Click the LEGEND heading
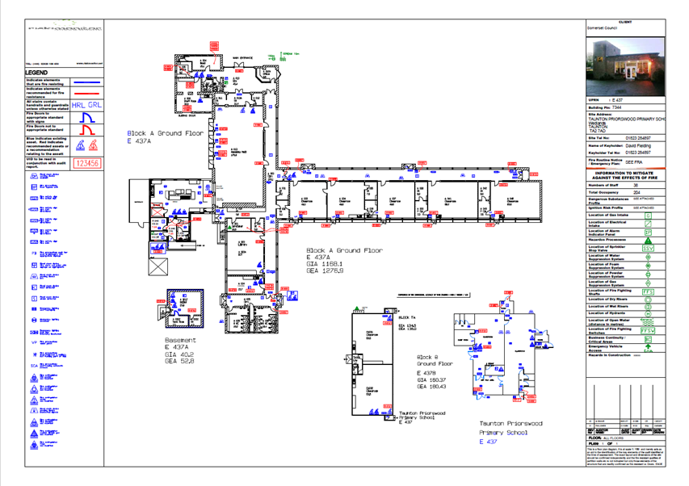tap(37, 73)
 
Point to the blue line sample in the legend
tap(86, 82)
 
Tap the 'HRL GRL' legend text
tap(86, 105)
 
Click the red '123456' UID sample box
tap(86, 163)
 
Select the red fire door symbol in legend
tap(86, 130)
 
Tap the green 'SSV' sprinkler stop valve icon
tap(647, 249)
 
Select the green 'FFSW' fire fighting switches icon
tap(647, 330)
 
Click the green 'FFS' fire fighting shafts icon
tap(647, 291)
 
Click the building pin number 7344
tap(617, 107)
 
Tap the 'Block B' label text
tap(427, 356)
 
